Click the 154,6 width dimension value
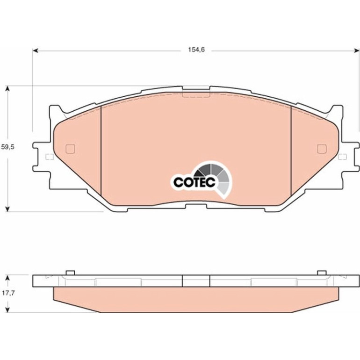[196, 50]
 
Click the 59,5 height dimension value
[7, 147]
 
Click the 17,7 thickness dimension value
[8, 293]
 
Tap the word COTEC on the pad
[194, 182]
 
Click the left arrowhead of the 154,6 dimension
[36, 50]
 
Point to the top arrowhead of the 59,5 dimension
[7, 89]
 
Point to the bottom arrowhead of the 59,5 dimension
[7, 209]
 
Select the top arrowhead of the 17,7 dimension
[7, 278]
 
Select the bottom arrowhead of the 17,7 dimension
[7, 309]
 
